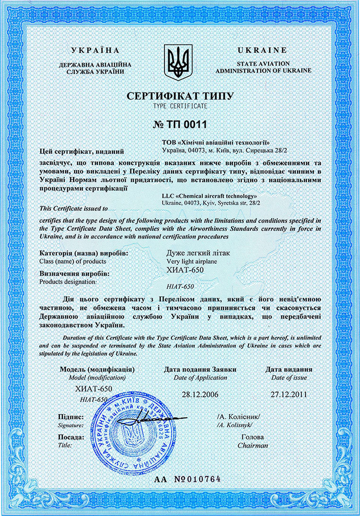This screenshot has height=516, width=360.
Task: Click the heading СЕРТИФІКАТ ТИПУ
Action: [x=180, y=96]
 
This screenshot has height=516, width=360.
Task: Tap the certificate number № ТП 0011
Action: [x=180, y=125]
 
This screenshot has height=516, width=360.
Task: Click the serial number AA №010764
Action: [x=188, y=479]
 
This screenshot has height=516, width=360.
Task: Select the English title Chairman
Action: [x=253, y=445]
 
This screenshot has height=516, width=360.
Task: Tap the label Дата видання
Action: [x=289, y=369]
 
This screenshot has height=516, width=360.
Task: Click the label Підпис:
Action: [x=71, y=417]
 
